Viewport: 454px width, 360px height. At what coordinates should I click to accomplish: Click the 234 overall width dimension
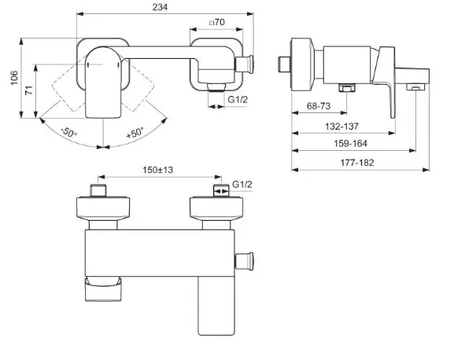click(x=160, y=7)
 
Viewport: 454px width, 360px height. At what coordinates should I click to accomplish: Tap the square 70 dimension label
click(x=217, y=22)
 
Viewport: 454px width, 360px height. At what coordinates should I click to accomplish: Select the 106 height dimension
click(x=14, y=78)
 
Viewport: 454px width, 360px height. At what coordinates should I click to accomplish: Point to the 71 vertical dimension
click(x=29, y=90)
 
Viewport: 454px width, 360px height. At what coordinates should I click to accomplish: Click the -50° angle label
click(x=69, y=133)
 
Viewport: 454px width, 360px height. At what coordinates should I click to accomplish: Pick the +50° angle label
click(x=135, y=132)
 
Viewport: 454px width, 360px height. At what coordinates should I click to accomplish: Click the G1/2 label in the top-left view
click(x=238, y=100)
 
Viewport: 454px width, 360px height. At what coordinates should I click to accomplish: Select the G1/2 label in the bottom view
click(x=242, y=184)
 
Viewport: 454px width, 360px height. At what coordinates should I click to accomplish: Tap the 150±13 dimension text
click(x=158, y=170)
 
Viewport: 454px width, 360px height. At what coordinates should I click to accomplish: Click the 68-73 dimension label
click(x=319, y=106)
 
